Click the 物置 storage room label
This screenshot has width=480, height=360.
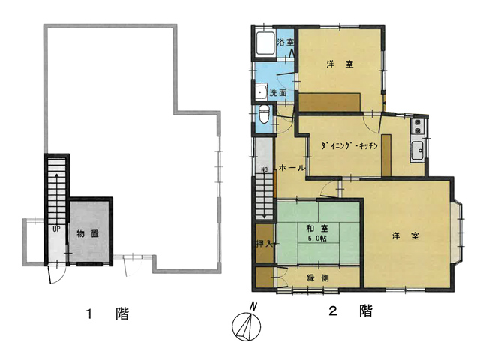[88, 233]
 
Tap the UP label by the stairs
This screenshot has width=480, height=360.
[56, 229]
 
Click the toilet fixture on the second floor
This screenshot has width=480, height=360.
[263, 114]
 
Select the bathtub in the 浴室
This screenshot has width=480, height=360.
[265, 43]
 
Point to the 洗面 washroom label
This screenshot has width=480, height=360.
[278, 93]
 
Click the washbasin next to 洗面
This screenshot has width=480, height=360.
[262, 91]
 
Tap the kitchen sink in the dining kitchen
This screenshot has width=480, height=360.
[417, 151]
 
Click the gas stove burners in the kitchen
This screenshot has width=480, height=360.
[417, 127]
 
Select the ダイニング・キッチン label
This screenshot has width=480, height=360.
[349, 146]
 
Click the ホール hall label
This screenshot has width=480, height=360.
[292, 168]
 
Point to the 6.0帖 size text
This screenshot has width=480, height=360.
[317, 238]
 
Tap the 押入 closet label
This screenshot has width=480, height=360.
[264, 244]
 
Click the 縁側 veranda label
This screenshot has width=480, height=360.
[318, 277]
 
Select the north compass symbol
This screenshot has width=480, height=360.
[247, 324]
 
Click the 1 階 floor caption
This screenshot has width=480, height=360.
[107, 313]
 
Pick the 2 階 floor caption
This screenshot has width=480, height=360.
[351, 310]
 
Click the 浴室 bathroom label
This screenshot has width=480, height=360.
[285, 42]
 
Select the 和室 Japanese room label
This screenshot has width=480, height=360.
[317, 229]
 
